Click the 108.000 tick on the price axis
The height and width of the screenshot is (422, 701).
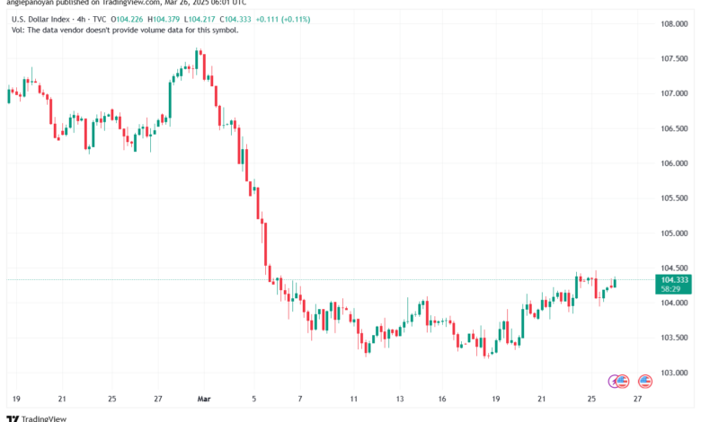(675, 24)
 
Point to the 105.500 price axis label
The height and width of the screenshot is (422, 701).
(675, 198)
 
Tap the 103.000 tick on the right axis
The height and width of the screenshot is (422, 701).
(675, 373)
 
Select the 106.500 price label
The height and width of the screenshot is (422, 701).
(675, 128)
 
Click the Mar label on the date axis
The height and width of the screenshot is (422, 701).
(203, 398)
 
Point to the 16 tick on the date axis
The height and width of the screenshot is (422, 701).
(443, 398)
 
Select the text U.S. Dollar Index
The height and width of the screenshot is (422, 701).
(43, 18)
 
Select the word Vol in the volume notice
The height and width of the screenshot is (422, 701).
(18, 31)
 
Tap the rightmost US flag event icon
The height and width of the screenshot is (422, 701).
(644, 382)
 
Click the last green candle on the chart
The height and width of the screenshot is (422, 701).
(615, 285)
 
